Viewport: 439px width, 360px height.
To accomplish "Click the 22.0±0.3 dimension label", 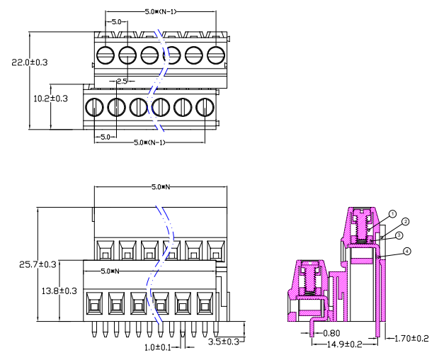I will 28,62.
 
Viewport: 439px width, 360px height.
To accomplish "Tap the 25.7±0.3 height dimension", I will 28,264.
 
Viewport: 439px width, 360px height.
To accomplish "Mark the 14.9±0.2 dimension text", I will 344,344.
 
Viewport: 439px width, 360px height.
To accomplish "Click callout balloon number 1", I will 392,213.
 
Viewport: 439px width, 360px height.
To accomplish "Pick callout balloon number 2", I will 406,222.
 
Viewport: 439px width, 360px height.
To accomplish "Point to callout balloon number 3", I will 399,235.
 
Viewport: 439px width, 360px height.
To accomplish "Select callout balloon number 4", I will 407,252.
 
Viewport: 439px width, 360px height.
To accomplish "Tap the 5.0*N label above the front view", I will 162,187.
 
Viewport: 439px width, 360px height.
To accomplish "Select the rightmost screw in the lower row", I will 205,107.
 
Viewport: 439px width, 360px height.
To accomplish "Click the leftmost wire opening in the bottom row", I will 93,304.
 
